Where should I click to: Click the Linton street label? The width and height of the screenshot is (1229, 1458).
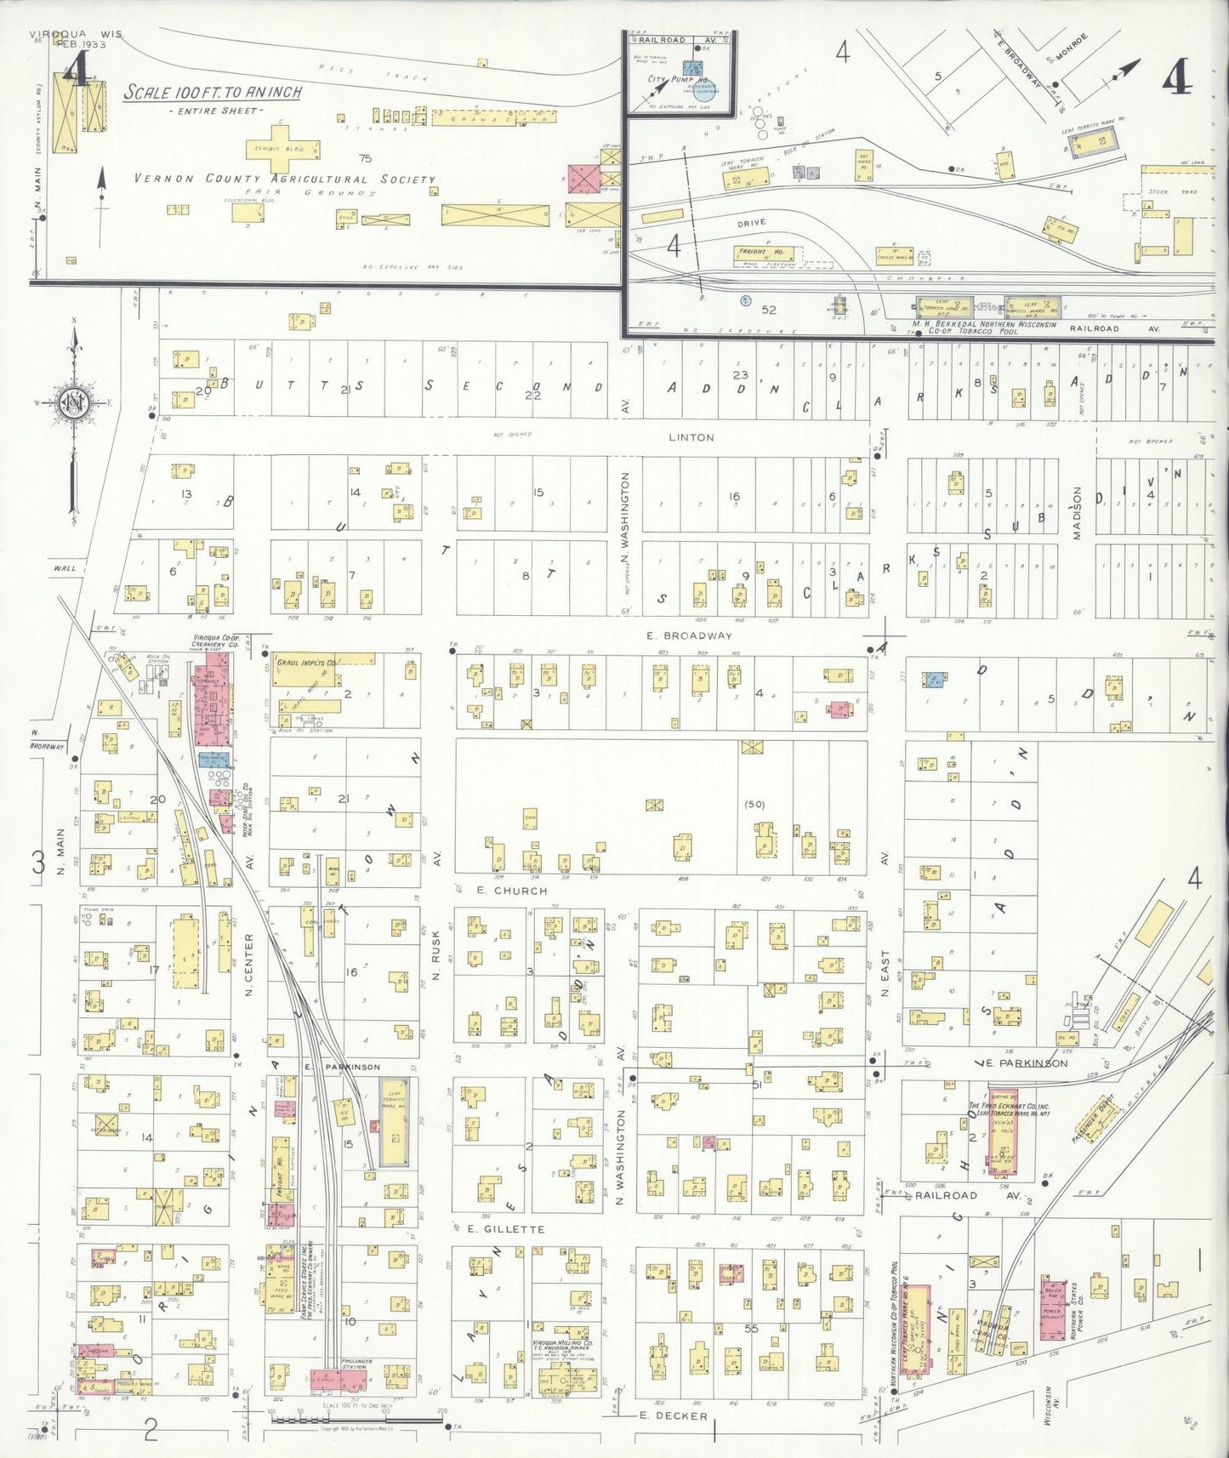[x=691, y=437]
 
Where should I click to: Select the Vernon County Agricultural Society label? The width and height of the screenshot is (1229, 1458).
[x=285, y=179]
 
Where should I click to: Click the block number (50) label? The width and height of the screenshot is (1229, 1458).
[x=754, y=803]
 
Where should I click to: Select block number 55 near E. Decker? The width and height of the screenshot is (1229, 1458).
[x=751, y=1328]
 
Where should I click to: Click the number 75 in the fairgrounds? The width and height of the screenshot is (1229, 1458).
[x=366, y=157]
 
